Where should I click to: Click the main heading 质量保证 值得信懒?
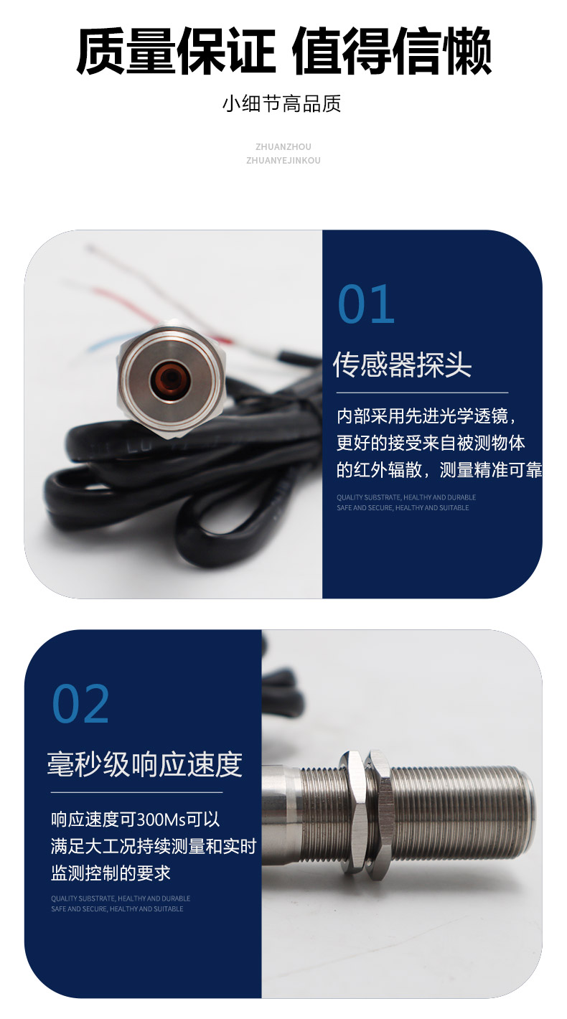pyautogui.click(x=283, y=50)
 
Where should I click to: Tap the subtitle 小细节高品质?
pyautogui.click(x=281, y=104)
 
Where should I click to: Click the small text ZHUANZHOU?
pyautogui.click(x=283, y=146)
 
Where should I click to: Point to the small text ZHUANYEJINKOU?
pyautogui.click(x=283, y=160)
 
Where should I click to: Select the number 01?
pyautogui.click(x=366, y=304)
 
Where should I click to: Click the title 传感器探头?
pyautogui.click(x=402, y=365)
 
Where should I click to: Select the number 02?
pyautogui.click(x=81, y=704)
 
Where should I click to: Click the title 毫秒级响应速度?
pyautogui.click(x=145, y=765)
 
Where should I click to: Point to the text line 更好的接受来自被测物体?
pyautogui.click(x=431, y=443)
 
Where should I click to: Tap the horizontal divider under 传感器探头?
pyautogui.click(x=422, y=393)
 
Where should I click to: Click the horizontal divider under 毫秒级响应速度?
pyautogui.click(x=136, y=792)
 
